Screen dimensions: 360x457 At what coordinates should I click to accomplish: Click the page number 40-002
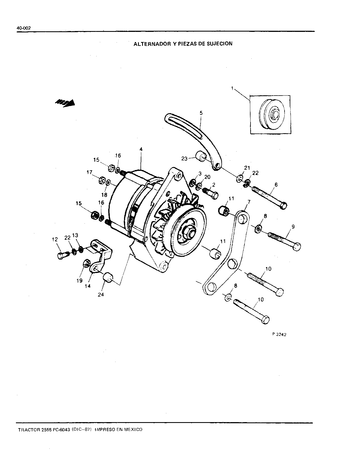(x=24, y=28)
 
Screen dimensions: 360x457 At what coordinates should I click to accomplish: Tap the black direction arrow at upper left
(x=65, y=103)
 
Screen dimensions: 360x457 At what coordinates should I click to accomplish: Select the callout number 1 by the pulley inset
(x=232, y=88)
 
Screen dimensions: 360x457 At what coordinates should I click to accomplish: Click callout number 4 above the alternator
(x=141, y=149)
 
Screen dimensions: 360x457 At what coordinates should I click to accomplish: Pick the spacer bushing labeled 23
(x=201, y=156)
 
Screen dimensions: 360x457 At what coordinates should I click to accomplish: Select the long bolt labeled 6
(x=269, y=197)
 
